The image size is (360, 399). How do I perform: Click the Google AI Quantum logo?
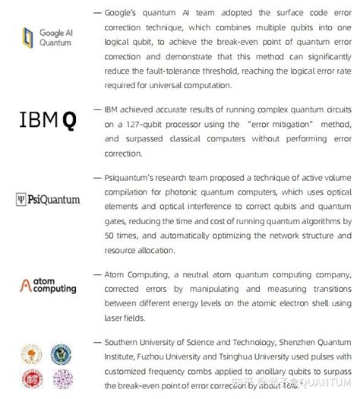tap(47, 38)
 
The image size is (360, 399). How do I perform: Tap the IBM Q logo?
tap(48, 119)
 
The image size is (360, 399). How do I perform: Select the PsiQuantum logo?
tap(48, 200)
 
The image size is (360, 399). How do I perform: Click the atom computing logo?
tap(48, 285)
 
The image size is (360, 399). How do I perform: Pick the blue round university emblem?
tap(61, 353)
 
